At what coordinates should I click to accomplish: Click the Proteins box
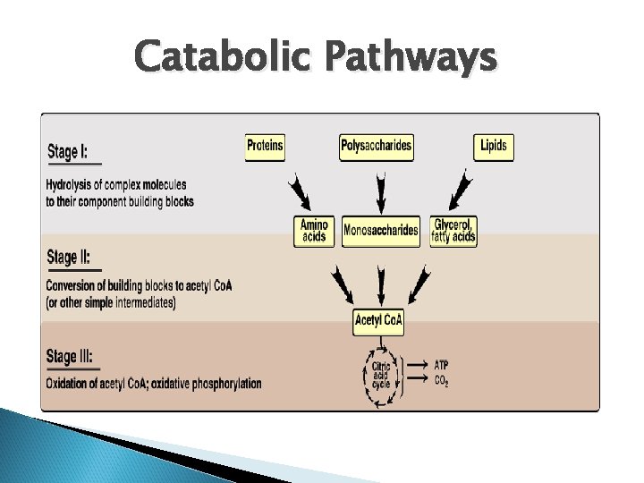(265, 147)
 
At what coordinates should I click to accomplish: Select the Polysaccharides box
(377, 147)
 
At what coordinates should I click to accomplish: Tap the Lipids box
(494, 147)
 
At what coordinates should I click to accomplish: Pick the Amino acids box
(314, 231)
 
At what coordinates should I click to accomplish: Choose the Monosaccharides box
(381, 231)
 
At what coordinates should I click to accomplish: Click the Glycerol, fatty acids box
(453, 231)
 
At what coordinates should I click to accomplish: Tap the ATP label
(442, 366)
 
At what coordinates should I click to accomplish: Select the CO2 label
(442, 382)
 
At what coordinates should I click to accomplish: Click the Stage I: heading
(68, 151)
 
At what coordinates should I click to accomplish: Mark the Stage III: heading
(72, 357)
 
